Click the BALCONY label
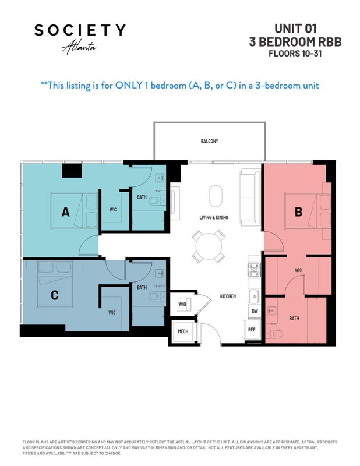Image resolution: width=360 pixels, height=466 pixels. click(x=209, y=141)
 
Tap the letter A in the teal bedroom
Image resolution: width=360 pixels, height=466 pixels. click(x=65, y=212)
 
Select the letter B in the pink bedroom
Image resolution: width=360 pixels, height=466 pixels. click(x=298, y=212)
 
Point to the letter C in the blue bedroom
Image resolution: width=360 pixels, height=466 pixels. click(x=54, y=295)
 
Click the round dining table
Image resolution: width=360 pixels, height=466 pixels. click(x=209, y=246)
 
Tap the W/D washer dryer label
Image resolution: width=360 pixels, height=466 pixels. click(x=182, y=304)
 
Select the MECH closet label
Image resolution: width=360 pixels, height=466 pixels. click(x=183, y=331)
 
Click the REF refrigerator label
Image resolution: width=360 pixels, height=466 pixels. click(x=252, y=329)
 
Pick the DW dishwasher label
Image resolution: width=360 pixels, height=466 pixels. click(x=255, y=311)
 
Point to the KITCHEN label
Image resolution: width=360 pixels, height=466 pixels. click(x=228, y=296)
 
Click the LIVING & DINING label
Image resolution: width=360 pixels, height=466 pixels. click(x=214, y=217)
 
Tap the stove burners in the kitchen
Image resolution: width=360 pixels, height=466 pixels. click(x=254, y=270)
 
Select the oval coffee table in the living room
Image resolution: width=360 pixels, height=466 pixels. click(x=216, y=196)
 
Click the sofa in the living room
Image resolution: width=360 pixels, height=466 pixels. click(x=250, y=197)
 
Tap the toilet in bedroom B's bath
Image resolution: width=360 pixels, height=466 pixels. click(x=274, y=334)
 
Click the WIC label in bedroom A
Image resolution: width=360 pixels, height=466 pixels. click(x=113, y=210)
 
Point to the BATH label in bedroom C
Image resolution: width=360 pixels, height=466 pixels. click(x=142, y=287)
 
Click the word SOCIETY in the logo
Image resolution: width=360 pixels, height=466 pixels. click(x=80, y=30)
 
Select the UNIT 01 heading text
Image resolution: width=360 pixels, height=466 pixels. click(x=295, y=29)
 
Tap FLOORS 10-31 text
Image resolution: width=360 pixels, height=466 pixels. click(x=295, y=54)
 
